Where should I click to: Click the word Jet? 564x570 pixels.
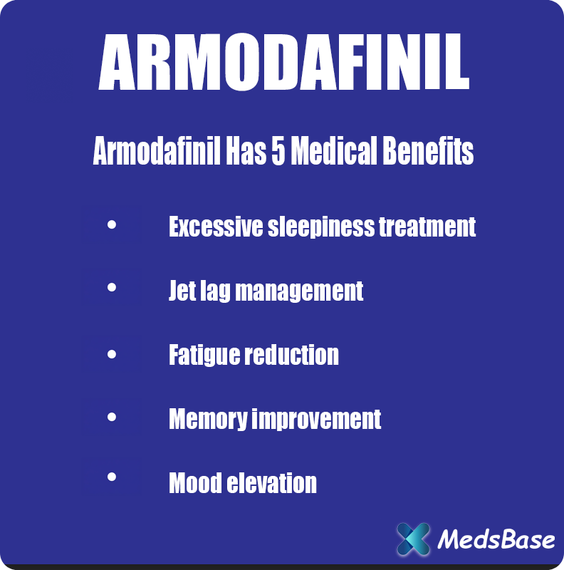coord(181,291)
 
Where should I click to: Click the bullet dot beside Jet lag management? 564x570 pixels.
coord(111,289)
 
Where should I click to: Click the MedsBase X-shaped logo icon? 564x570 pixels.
coord(413,539)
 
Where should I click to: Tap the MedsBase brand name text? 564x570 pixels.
coord(496,539)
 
